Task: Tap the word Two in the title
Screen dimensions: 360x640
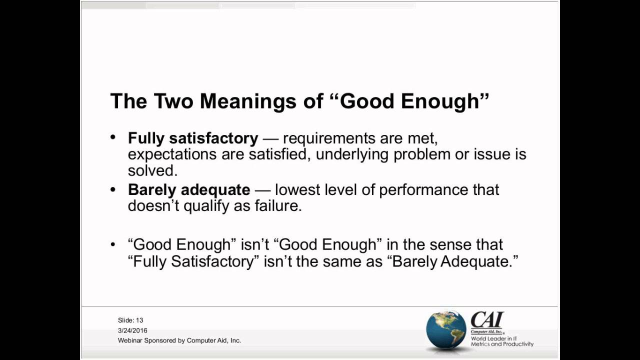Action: pos(173,101)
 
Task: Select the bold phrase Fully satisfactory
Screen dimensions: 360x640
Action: pos(193,138)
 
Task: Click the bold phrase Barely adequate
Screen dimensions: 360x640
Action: pos(189,190)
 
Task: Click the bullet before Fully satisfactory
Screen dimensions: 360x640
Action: pos(113,137)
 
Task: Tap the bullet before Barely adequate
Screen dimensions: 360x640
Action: pos(113,189)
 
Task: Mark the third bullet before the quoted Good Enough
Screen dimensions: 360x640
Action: pos(113,244)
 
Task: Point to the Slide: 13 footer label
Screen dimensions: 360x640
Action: pos(130,320)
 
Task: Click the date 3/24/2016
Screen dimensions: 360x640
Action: pos(132,330)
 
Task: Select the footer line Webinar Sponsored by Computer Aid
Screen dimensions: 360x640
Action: pos(179,340)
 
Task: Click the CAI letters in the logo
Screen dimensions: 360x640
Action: pos(486,319)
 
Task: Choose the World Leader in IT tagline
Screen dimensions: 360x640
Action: pos(494,338)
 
